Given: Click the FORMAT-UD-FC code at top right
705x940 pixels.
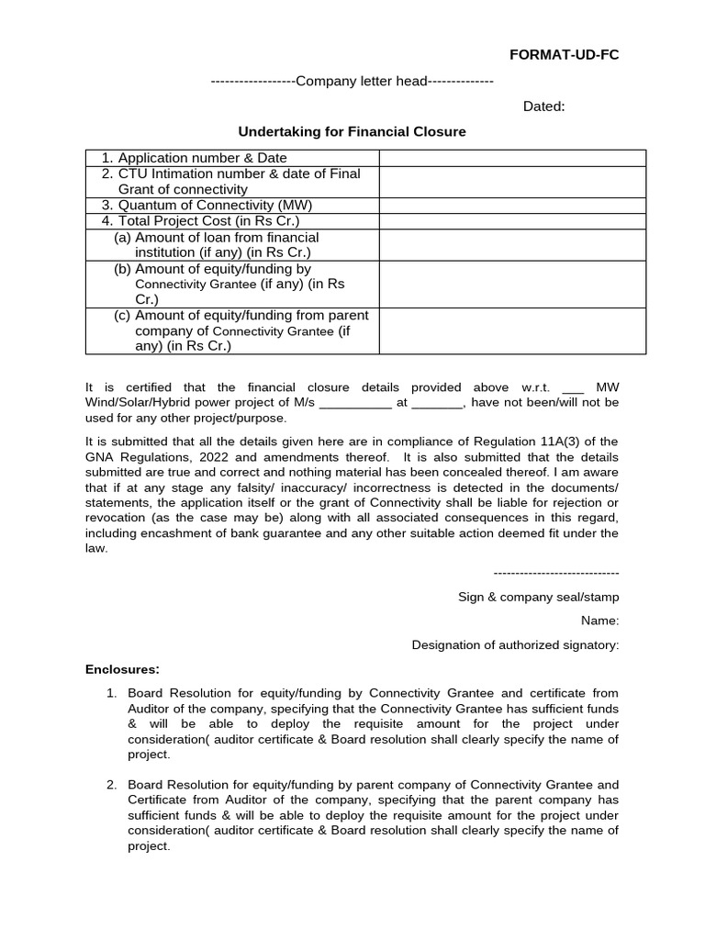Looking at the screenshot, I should (x=565, y=55).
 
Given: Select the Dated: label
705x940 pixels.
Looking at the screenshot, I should (x=543, y=106).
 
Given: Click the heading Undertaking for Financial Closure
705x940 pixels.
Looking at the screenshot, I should (x=352, y=132).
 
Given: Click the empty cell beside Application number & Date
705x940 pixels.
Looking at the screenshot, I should (x=512, y=158).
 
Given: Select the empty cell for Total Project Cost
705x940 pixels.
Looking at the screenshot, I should (x=512, y=221).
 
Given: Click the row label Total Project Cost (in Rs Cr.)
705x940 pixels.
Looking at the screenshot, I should (x=200, y=221).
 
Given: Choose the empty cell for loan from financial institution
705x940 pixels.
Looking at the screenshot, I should (x=512, y=245).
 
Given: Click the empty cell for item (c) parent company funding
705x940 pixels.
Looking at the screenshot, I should (x=512, y=330).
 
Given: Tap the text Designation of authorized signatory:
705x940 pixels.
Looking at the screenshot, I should (x=515, y=645).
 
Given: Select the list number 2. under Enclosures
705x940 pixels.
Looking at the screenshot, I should (x=111, y=785).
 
